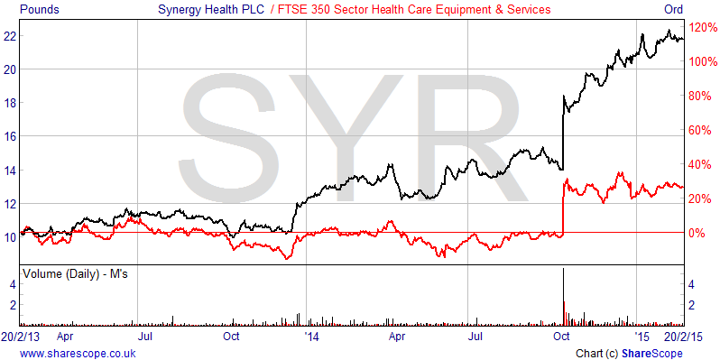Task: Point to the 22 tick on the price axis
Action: pos(10,36)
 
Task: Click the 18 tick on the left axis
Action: pos(10,103)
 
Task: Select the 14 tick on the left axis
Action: pos(10,170)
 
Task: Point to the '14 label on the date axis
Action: pos(311,336)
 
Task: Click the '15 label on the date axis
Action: pos(641,336)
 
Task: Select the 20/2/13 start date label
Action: pos(20,336)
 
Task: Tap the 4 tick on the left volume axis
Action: pos(13,284)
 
